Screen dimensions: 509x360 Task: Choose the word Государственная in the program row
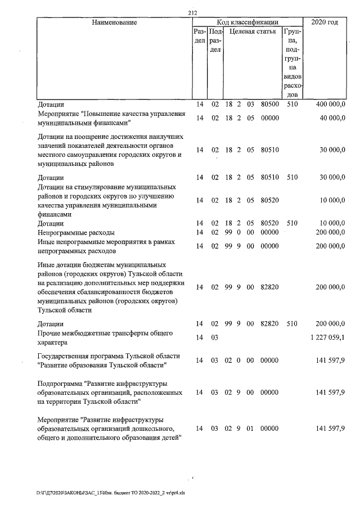65,357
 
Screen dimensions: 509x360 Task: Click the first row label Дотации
51,104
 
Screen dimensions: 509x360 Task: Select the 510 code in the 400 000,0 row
292,104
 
